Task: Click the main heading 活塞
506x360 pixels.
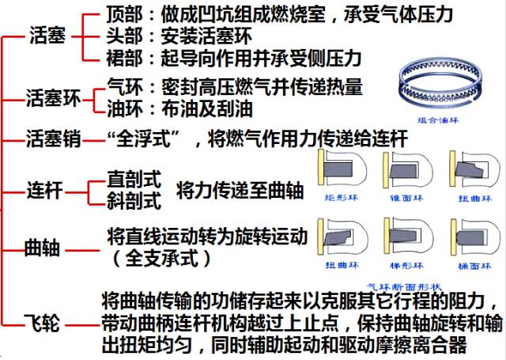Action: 47,36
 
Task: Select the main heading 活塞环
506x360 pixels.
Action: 55,99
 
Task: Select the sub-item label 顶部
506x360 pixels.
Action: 124,16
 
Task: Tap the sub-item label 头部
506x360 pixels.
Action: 124,36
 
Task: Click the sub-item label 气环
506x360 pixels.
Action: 124,86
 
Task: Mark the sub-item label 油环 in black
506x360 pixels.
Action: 124,107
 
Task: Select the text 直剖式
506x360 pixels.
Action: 134,180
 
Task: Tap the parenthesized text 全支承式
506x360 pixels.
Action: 162,258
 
